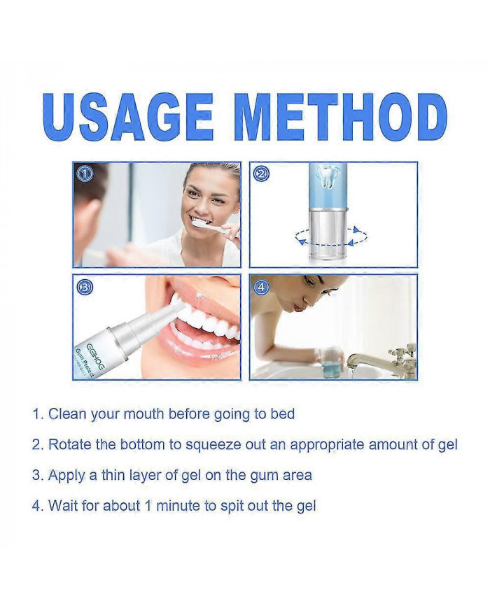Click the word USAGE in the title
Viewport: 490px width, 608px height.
(x=128, y=117)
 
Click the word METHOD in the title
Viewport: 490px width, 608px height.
(x=341, y=117)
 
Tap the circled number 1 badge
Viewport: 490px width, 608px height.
(x=85, y=174)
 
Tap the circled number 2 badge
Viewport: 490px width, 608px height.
(x=262, y=174)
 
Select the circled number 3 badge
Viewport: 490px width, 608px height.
(x=85, y=287)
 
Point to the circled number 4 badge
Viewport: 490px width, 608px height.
(x=262, y=287)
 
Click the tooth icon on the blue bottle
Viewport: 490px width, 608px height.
(x=328, y=177)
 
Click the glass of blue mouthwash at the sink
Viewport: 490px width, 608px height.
(x=331, y=361)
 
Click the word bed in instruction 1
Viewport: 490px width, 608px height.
(x=282, y=414)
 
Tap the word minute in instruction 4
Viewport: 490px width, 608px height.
(x=178, y=506)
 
